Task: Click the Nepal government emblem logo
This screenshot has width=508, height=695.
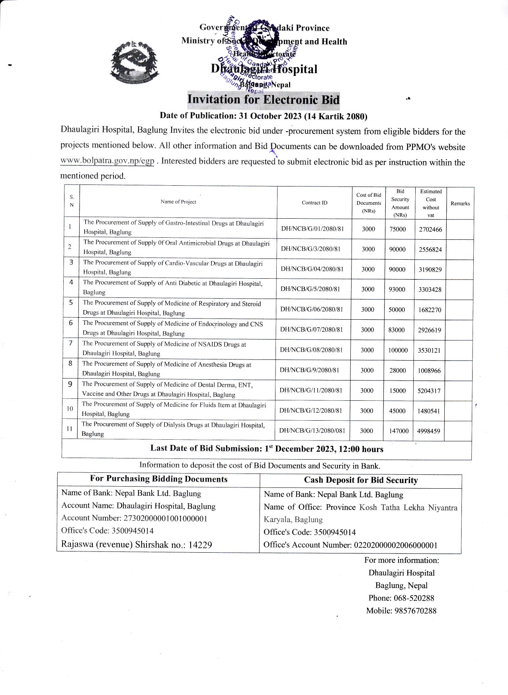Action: (134, 62)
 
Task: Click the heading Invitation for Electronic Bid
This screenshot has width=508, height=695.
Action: (263, 99)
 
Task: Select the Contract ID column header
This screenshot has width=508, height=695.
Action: (315, 203)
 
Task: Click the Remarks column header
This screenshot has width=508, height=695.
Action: (460, 204)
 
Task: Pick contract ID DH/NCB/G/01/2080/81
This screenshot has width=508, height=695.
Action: (312, 229)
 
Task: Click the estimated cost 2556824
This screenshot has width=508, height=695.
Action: (430, 250)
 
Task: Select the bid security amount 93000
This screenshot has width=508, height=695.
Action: (397, 289)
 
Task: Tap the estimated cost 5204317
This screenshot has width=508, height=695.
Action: (429, 391)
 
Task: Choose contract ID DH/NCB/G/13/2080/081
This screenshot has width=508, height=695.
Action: (312, 431)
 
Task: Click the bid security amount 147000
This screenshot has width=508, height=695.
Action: (399, 431)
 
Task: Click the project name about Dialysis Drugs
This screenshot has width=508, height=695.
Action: (173, 429)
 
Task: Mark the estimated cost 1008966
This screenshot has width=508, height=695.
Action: (429, 371)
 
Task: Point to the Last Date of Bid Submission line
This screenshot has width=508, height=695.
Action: (267, 449)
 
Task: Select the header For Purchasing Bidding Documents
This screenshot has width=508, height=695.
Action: (158, 479)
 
